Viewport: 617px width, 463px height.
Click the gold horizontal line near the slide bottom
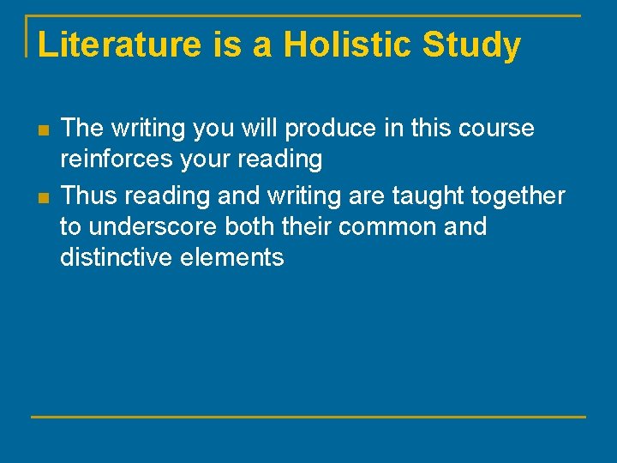click(308, 417)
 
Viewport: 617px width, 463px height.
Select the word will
click(257, 129)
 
